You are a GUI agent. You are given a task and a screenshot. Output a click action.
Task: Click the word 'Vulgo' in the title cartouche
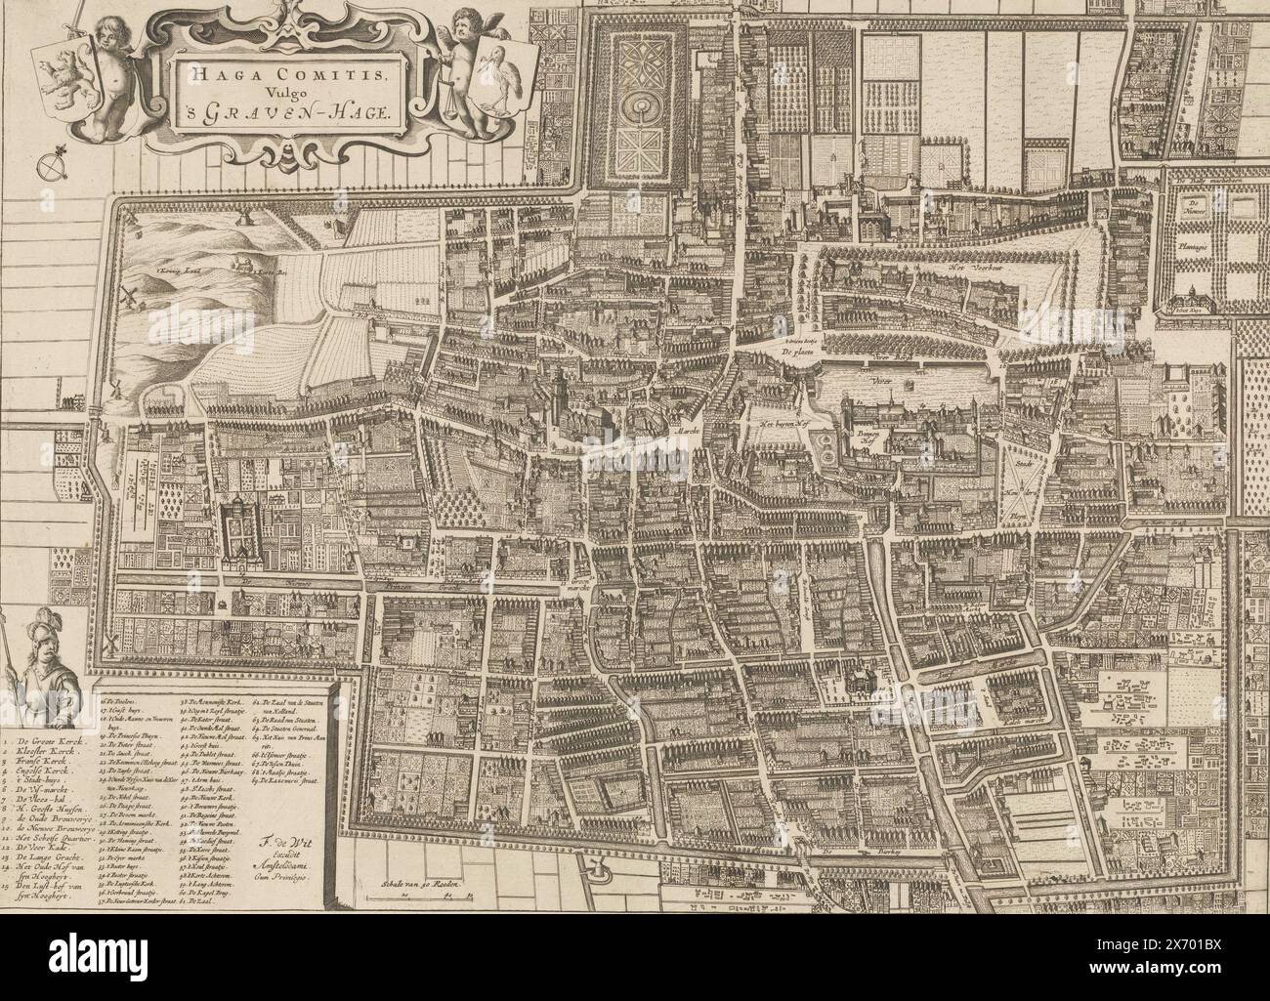tap(278, 90)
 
